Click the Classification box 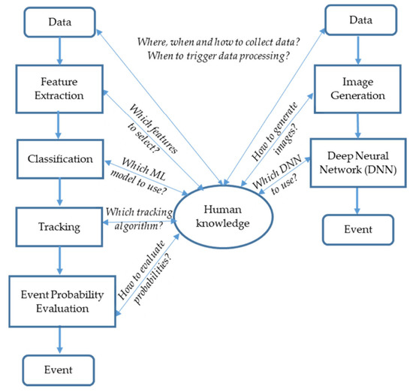coord(59,159)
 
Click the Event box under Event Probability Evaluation coord(59,369)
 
